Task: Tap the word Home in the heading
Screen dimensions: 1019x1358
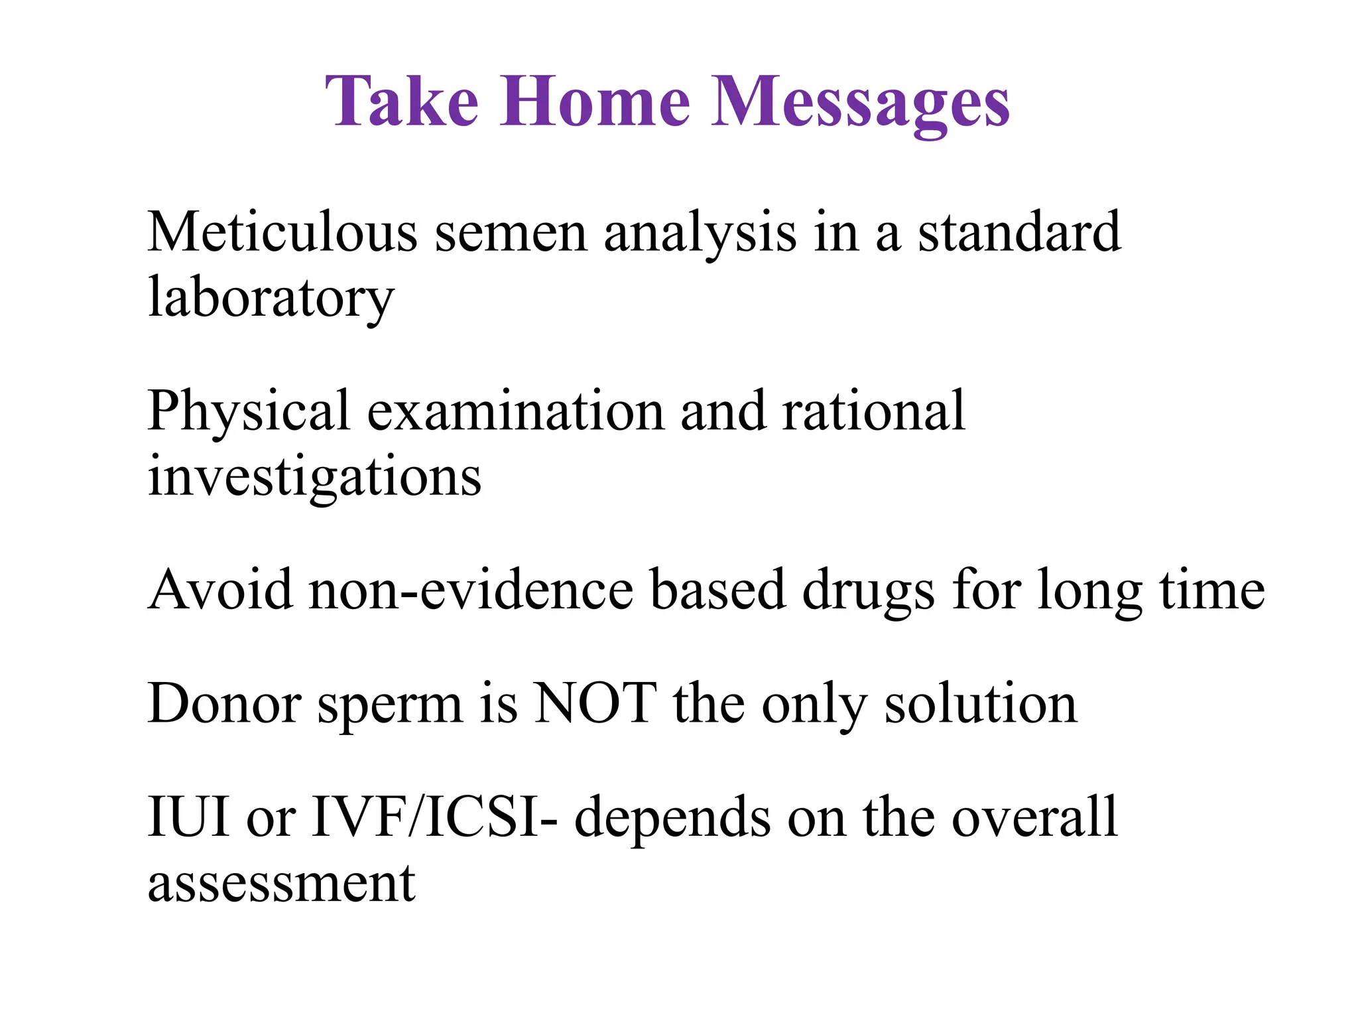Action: tap(595, 102)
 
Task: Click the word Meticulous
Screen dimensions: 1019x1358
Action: tap(282, 232)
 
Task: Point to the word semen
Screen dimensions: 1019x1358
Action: tap(511, 233)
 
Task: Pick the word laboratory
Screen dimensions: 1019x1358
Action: tap(271, 298)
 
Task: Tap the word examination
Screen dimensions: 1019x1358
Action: tap(515, 411)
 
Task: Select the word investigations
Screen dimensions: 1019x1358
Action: tap(314, 477)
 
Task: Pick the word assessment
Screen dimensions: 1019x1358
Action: tap(281, 884)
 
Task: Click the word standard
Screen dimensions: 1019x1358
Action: tap(1019, 232)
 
